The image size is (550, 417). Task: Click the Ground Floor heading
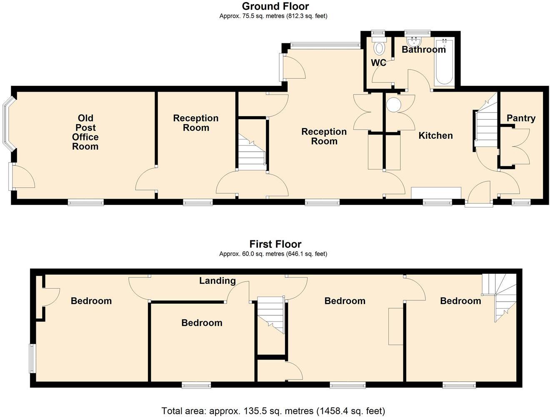tap(275, 6)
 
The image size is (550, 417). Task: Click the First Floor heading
tap(275, 244)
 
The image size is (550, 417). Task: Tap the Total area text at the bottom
tap(273, 411)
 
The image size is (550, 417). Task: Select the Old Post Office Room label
tap(85, 132)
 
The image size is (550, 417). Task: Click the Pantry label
tap(521, 118)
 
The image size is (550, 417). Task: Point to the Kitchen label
tap(435, 135)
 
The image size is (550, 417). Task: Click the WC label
tap(378, 63)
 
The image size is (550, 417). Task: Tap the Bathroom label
tap(424, 50)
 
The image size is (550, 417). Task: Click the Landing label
tap(217, 281)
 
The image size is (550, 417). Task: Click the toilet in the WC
tap(379, 47)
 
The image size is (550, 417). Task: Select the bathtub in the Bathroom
tap(444, 62)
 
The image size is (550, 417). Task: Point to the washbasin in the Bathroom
tap(414, 42)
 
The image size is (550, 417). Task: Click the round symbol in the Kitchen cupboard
tap(393, 105)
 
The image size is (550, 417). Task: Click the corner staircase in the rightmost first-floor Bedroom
tap(502, 296)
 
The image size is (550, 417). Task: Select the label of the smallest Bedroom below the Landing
tap(202, 323)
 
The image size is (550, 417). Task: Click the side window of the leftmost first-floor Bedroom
tap(32, 358)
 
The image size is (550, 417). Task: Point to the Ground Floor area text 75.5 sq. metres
tap(273, 16)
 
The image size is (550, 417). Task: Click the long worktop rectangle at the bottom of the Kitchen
tap(436, 193)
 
